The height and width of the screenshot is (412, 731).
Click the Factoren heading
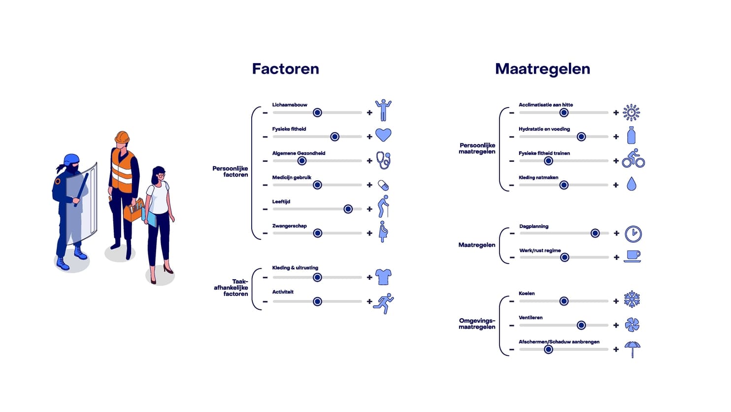[x=285, y=69]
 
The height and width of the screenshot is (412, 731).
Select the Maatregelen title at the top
[x=542, y=69]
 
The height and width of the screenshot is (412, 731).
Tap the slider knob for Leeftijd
[x=348, y=209]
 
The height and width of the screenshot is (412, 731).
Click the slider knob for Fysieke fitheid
[x=335, y=137]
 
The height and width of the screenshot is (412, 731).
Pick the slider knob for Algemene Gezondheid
[x=302, y=161]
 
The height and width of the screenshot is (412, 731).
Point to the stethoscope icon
[x=383, y=160]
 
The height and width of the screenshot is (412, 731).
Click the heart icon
[x=383, y=135]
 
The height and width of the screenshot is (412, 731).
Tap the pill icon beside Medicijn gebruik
[x=383, y=185]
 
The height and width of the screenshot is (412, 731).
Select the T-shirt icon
[x=383, y=277]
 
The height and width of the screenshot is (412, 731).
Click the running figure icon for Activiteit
[x=384, y=303]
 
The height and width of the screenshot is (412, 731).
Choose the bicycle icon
[x=633, y=158]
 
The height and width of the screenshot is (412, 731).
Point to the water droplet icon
[x=631, y=184]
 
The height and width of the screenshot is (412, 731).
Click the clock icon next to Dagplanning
[x=633, y=234]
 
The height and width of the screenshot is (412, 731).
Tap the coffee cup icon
[x=632, y=256]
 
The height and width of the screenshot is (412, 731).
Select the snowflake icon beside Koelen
[x=632, y=299]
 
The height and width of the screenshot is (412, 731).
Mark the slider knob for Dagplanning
[x=595, y=233]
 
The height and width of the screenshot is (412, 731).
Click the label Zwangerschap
[x=290, y=226]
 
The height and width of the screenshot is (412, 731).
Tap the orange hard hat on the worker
[x=122, y=137]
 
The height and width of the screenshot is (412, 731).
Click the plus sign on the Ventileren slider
[x=616, y=325]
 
